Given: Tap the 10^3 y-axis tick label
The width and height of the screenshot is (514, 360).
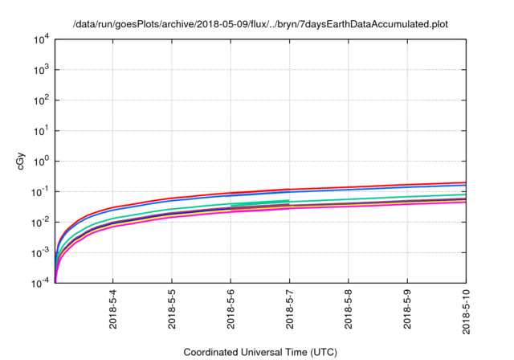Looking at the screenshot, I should [x=42, y=70].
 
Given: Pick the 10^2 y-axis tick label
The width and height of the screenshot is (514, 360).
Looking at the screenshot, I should [x=42, y=100].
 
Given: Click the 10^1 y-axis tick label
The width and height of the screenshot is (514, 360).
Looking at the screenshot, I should [x=42, y=130].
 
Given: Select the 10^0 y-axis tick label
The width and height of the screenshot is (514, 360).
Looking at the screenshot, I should [x=42, y=161].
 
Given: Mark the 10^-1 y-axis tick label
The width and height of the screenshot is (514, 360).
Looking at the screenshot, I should [x=40, y=191].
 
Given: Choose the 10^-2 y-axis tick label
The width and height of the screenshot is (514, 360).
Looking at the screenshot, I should [x=40, y=222].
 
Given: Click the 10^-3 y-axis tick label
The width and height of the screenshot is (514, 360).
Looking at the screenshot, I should [x=40, y=252].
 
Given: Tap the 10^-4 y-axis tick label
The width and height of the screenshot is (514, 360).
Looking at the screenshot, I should [x=40, y=282].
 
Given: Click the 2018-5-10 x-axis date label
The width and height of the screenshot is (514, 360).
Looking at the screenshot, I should [x=467, y=314].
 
